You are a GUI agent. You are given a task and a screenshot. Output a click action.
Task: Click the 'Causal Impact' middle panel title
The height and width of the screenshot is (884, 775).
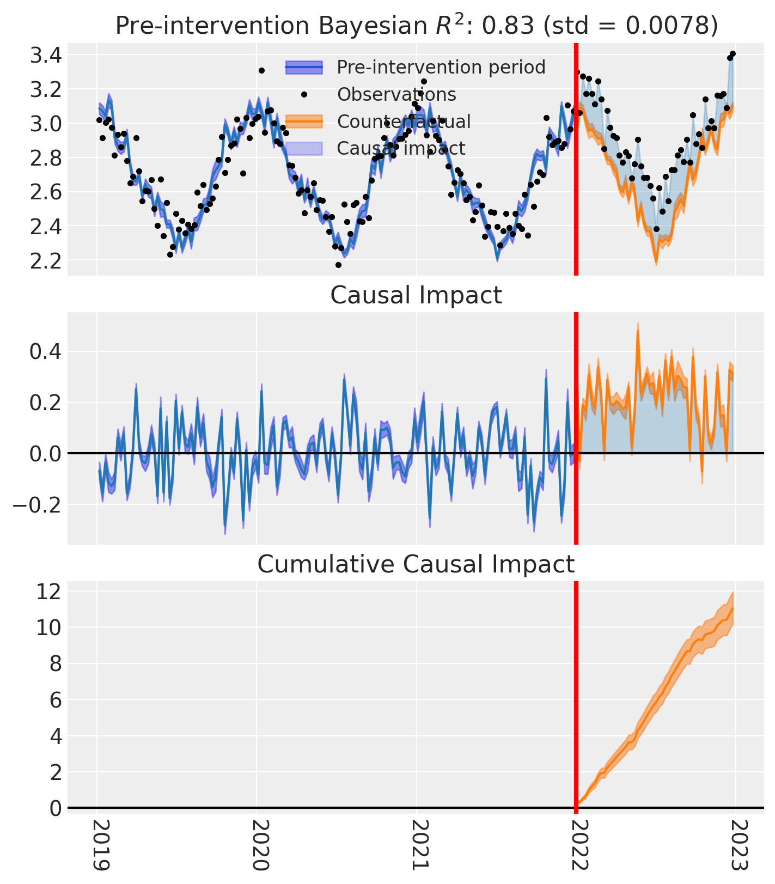coord(416,296)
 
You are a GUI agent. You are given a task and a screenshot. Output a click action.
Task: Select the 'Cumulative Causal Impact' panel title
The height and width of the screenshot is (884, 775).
coord(416,564)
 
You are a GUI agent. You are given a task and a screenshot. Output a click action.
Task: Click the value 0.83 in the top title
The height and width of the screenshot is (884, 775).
coord(509,26)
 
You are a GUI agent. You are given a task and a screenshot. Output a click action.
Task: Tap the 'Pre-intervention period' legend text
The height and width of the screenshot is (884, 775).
coord(441,67)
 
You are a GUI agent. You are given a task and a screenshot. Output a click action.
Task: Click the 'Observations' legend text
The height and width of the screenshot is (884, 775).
coord(396,94)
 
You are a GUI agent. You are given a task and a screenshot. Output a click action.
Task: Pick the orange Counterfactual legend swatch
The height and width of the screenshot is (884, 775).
coord(304,121)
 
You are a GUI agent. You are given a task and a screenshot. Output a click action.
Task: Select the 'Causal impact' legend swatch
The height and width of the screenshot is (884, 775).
coord(304,148)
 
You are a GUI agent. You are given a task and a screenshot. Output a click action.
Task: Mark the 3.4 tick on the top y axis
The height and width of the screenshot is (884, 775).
coord(46,55)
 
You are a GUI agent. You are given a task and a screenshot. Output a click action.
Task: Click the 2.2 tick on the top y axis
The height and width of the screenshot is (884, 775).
coord(46,261)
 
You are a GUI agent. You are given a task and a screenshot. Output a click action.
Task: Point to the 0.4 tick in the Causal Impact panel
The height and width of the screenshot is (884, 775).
coord(46,352)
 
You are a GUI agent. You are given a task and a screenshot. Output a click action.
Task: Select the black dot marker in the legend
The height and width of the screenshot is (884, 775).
coord(304,94)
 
